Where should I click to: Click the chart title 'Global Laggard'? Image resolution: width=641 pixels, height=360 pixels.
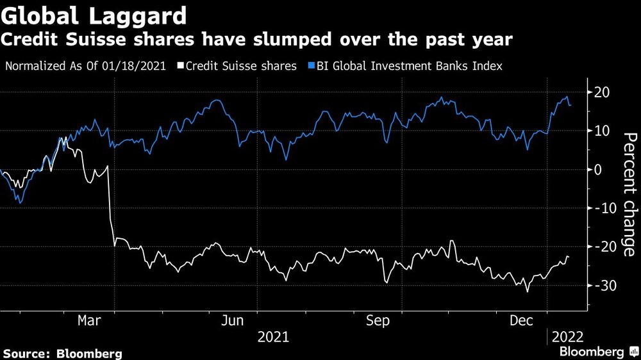(x=94, y=14)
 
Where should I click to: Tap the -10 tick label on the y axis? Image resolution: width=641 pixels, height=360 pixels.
(x=603, y=208)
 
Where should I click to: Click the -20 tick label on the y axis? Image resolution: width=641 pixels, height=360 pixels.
(x=603, y=247)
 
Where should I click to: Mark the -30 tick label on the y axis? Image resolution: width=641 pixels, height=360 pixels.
(x=603, y=286)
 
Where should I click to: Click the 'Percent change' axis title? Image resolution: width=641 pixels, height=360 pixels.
(x=630, y=195)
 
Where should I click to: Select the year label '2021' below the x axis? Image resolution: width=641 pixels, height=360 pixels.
(x=272, y=336)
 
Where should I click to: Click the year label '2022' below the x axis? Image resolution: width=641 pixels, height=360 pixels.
(x=569, y=336)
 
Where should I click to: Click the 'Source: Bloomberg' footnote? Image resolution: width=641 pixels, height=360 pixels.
(x=62, y=353)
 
